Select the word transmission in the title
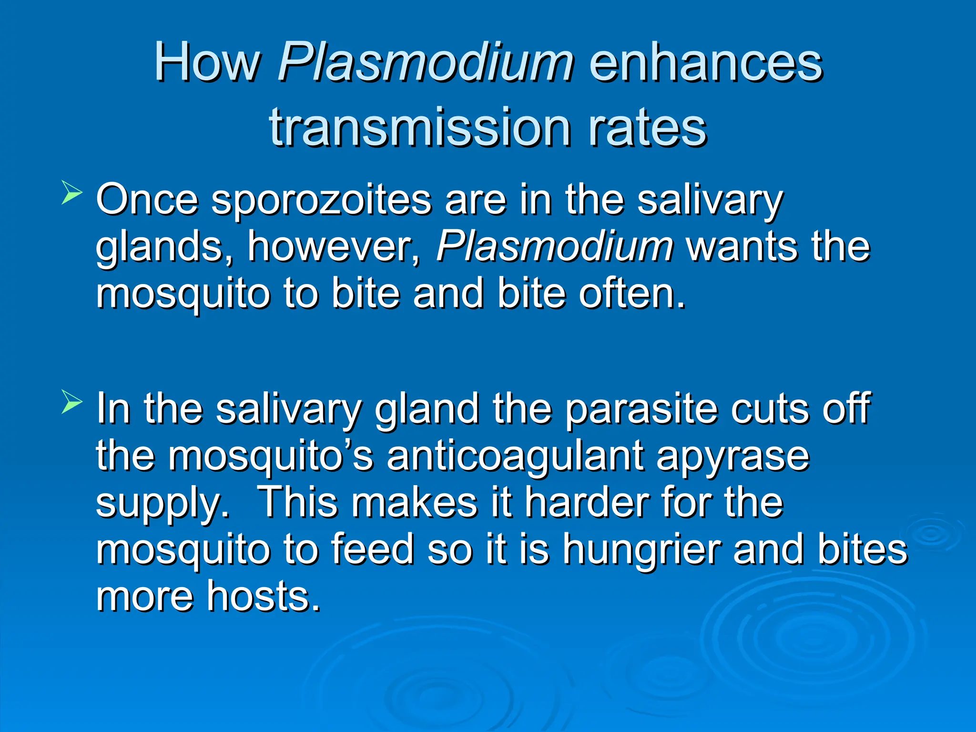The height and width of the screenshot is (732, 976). (420, 127)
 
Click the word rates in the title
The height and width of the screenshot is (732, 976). (647, 127)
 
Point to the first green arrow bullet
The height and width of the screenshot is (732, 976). (72, 195)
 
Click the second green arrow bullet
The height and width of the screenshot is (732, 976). (72, 404)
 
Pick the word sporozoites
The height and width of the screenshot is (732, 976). (321, 200)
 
